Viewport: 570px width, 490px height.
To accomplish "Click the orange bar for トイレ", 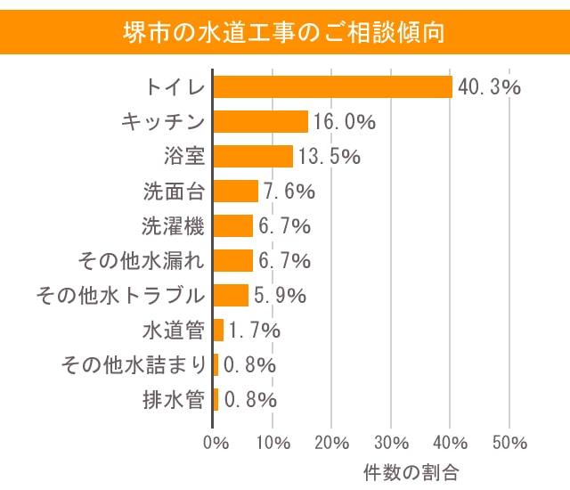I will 333,86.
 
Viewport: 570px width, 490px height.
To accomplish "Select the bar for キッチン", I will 261,121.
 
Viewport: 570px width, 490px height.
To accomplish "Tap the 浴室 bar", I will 254,156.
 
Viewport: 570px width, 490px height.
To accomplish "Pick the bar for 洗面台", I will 236,191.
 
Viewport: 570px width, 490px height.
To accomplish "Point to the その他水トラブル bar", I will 232,295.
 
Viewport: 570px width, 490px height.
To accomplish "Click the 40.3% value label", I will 488,87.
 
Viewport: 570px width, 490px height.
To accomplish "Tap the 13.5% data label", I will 329,157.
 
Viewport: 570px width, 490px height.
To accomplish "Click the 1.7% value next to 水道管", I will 255,331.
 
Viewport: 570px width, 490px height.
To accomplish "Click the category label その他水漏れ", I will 144,261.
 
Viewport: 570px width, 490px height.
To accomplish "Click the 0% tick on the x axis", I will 215,443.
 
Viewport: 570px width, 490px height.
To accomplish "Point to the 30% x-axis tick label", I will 392,443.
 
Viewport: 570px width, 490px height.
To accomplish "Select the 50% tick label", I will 509,443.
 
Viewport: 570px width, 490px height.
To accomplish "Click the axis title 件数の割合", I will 411,470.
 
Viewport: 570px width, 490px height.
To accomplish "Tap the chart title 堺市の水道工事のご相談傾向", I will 284,33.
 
